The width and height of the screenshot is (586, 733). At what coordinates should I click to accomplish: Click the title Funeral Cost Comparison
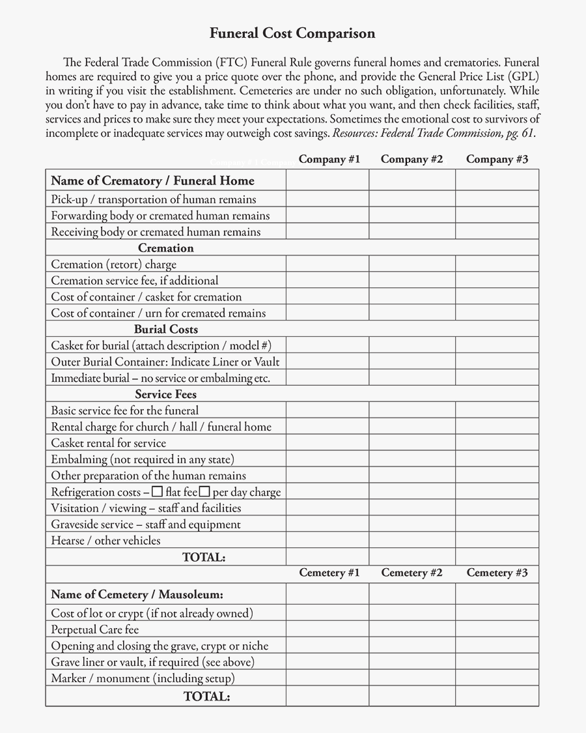point(292,33)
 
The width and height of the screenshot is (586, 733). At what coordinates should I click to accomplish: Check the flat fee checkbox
point(157,491)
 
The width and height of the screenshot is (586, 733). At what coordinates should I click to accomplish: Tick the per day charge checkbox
point(204,491)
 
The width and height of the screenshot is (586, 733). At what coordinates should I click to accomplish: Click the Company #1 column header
point(329,159)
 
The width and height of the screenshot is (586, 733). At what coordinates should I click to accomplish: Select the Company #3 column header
point(497,159)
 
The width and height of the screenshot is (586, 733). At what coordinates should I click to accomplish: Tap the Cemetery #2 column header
point(412,573)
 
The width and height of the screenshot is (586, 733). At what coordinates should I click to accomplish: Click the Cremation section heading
point(165,248)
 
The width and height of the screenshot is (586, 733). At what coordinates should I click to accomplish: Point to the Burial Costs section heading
point(165,330)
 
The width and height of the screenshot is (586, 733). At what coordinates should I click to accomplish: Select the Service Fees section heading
point(165,394)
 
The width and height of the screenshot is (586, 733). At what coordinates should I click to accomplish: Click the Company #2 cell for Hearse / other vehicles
point(412,541)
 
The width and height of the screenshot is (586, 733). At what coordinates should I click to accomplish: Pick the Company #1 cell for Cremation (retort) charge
point(328,265)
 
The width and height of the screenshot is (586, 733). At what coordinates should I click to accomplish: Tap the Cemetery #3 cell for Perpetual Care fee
point(497,629)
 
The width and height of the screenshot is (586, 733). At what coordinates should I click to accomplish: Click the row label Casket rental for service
point(108,443)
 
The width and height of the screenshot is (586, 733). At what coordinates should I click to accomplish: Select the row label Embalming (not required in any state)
point(143,459)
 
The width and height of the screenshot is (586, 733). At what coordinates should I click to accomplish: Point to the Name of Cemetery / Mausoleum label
point(137,594)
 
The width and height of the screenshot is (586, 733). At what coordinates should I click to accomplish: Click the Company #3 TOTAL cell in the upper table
point(497,557)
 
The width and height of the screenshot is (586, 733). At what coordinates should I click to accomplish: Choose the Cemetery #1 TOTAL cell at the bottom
point(328,697)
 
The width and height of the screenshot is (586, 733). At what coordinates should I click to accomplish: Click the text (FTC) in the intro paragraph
point(231,63)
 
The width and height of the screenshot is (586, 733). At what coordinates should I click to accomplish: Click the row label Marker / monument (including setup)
point(143,678)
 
